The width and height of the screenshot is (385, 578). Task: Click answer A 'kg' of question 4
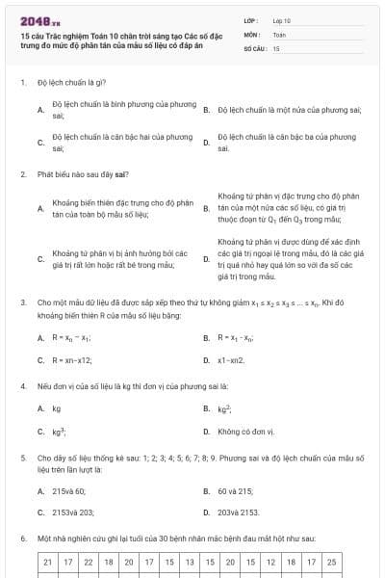pos(57,408)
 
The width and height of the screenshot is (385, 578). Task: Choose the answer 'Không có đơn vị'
pos(246,432)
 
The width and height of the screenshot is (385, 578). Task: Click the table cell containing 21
pos(48,561)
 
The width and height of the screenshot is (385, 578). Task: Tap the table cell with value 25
pos(331,561)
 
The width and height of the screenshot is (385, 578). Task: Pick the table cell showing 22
pos(89,561)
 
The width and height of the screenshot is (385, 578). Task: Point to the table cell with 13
pos(190,561)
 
